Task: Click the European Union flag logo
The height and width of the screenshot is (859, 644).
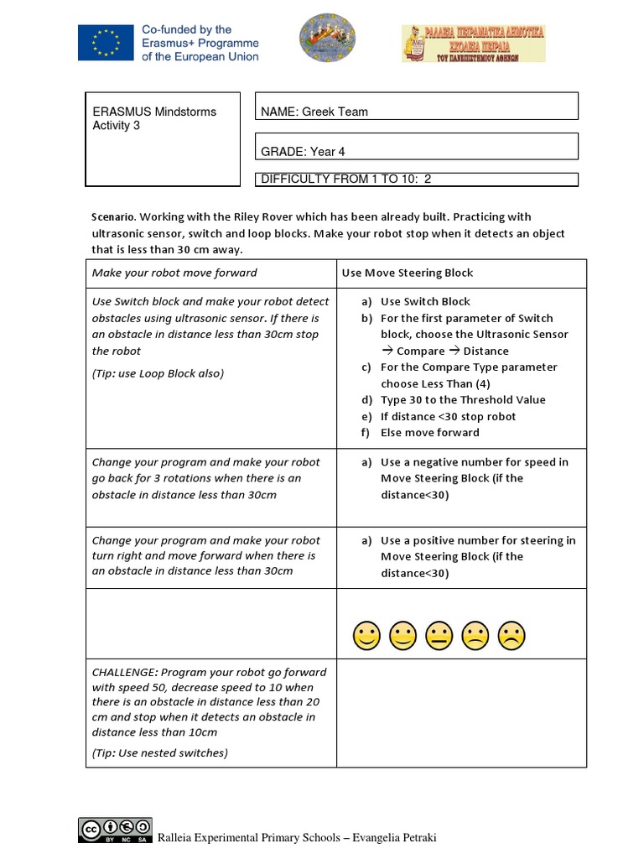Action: point(106,43)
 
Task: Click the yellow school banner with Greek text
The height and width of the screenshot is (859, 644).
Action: point(474,43)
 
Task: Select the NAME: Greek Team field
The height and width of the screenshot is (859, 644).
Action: point(416,107)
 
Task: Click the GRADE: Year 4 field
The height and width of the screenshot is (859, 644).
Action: point(416,147)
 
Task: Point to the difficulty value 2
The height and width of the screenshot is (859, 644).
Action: point(428,179)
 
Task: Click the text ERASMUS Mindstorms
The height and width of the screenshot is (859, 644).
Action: point(154,112)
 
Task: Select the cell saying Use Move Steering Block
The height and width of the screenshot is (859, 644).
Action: point(408,273)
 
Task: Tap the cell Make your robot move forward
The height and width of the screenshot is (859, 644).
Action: point(174,273)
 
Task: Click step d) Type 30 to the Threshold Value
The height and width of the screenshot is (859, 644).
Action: point(462,400)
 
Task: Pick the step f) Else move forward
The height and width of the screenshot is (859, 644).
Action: point(429,433)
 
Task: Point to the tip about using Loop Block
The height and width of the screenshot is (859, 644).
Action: point(158,373)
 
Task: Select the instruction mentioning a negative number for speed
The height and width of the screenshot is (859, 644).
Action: point(474,478)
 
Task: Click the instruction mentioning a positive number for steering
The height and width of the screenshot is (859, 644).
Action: point(478,556)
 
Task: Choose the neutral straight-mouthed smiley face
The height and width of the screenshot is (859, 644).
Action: point(439,637)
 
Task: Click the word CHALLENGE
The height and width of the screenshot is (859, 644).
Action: point(124,673)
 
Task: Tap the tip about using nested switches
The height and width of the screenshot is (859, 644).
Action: point(159,752)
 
